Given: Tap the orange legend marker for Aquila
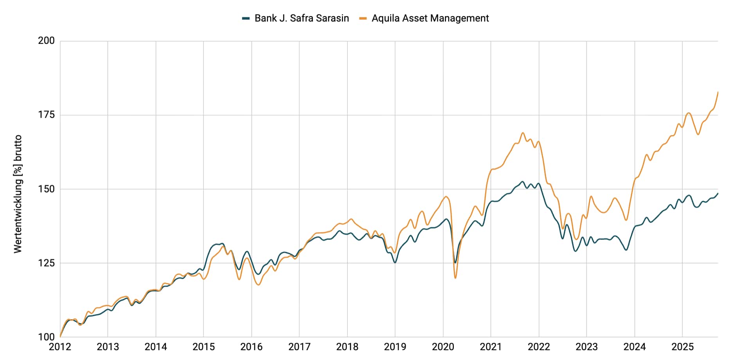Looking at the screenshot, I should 363,18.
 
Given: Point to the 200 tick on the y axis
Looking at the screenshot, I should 46,41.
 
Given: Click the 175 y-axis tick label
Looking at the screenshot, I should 46,115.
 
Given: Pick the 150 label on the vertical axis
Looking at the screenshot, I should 46,189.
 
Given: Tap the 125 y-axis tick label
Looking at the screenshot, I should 46,263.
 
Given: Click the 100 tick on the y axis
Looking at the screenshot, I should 46,337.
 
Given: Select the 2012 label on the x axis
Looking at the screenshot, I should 60,347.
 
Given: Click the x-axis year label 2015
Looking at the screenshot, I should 203,347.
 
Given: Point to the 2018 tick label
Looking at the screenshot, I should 347,347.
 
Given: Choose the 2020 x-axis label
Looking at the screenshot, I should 443,347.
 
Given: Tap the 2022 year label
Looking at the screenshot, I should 539,347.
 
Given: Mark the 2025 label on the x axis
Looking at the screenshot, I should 682,347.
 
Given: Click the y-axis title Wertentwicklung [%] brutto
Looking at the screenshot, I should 18,194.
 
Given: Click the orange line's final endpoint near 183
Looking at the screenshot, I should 718,92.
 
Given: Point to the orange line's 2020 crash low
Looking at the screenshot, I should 455,278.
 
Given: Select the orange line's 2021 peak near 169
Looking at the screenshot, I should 523,133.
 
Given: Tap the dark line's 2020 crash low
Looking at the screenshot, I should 455,263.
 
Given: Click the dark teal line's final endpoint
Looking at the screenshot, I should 718,193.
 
